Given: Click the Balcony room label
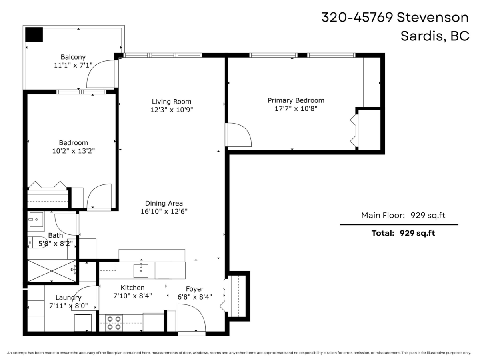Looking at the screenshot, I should [x=73, y=57].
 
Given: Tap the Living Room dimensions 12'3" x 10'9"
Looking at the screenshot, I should [x=172, y=110].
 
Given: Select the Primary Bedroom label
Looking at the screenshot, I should [x=296, y=100].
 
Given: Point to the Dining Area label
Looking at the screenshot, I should [x=164, y=203].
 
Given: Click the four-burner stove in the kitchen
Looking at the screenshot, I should [x=114, y=323].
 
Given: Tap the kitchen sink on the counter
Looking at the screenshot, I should [x=140, y=270].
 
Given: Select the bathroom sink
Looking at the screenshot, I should [x=36, y=220].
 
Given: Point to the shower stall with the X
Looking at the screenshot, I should [x=51, y=271].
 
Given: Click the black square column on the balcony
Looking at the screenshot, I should [x=34, y=34].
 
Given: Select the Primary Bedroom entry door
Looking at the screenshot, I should [x=238, y=135].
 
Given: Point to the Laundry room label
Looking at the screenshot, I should [x=68, y=298].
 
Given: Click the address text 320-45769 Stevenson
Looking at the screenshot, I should [x=395, y=17].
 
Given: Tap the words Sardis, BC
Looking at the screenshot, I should [x=434, y=36].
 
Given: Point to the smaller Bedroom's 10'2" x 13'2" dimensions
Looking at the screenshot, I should [x=74, y=151].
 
